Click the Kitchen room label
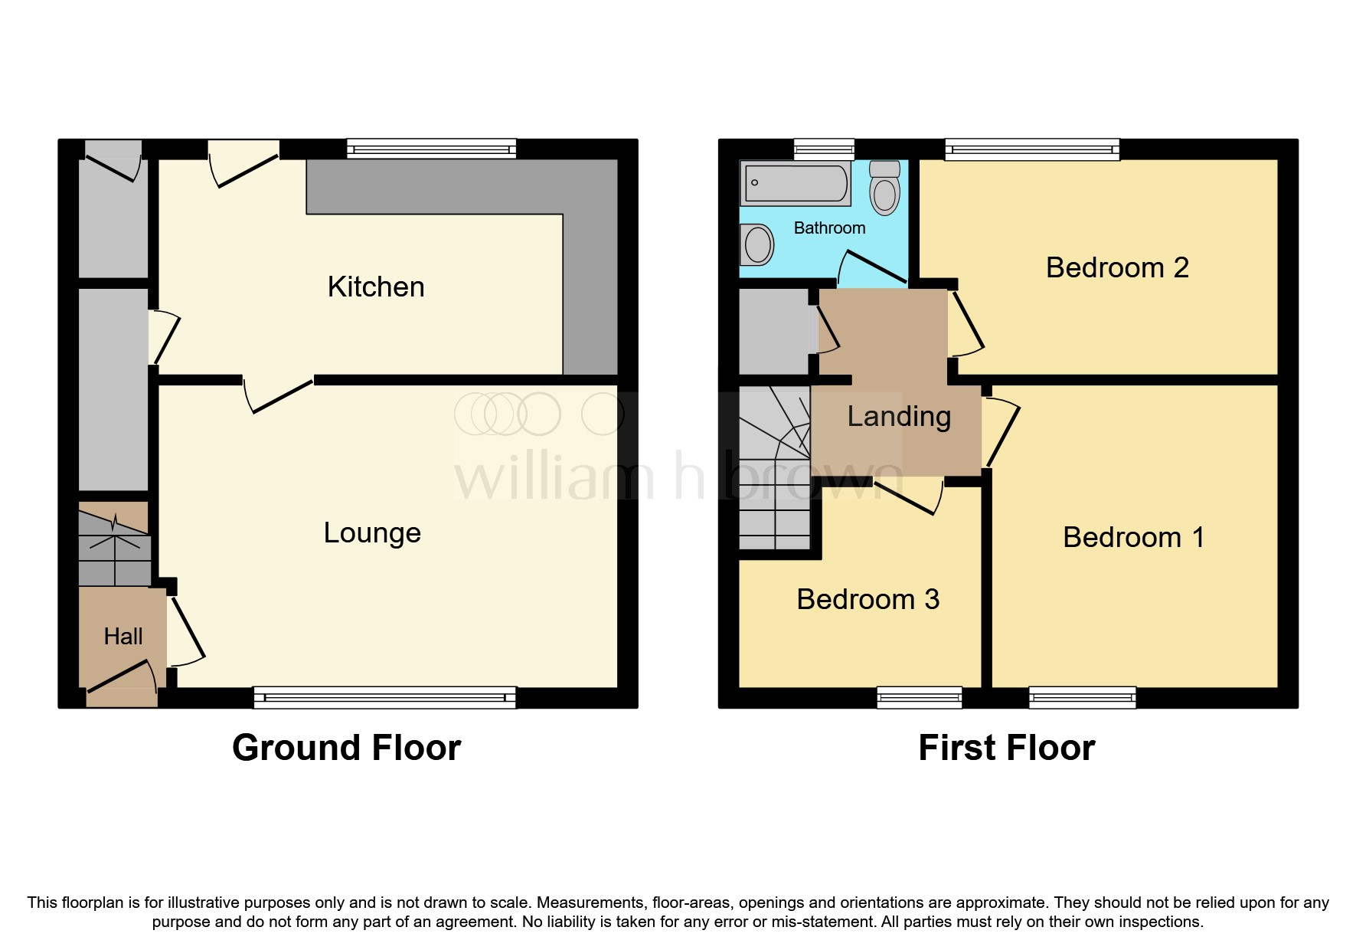coord(376,287)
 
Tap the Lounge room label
coord(372,533)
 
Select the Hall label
coord(123,637)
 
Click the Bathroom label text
coord(829,228)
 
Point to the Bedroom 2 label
coord(1116,268)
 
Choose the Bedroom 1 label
coord(1133,538)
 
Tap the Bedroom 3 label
coord(868,600)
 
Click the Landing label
coord(899,417)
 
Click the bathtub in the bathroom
coord(796,184)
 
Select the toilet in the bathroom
coord(884,188)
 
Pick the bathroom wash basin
coord(757,245)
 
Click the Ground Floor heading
coord(346,748)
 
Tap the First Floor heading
coord(1006,748)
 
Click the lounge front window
coord(384,697)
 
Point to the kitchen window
coord(431,149)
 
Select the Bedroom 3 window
coord(919,697)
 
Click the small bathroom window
coord(824,149)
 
